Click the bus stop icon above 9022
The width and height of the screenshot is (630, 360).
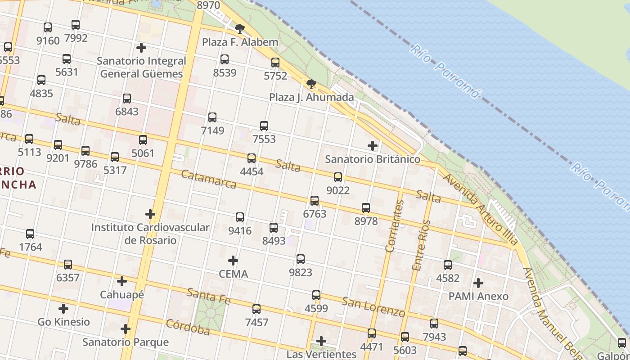coord(338,177)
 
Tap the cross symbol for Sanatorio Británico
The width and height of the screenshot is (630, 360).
coord(373,146)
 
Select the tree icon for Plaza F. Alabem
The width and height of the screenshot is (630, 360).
coord(240,29)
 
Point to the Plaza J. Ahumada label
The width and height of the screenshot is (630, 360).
coord(311,97)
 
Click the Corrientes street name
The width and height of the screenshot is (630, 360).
coord(395,226)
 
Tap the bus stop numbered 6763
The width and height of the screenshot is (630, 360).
coord(315,201)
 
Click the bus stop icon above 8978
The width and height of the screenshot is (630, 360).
coord(366,208)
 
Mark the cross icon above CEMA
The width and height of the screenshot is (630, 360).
coord(233,261)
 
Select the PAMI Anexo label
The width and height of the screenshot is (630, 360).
coord(478,296)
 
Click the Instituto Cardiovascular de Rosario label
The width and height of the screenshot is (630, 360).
coord(150,234)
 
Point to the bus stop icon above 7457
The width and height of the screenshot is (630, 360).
coord(256,309)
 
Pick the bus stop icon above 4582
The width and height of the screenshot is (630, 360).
coord(448,265)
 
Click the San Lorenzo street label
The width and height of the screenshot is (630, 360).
coord(373,306)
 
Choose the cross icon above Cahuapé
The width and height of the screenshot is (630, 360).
coord(122,282)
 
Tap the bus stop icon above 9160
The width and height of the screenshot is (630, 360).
coord(48,27)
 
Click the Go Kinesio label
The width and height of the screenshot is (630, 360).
coord(63,322)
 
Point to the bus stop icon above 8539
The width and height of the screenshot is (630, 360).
coord(225,59)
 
